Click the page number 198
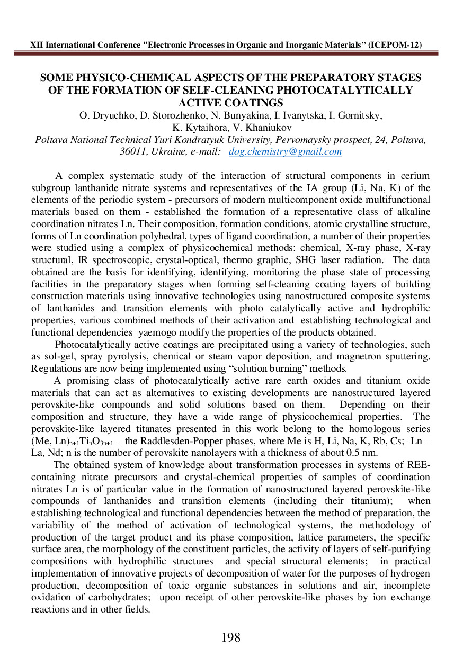click(231, 637)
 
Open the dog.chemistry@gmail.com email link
click(285, 152)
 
